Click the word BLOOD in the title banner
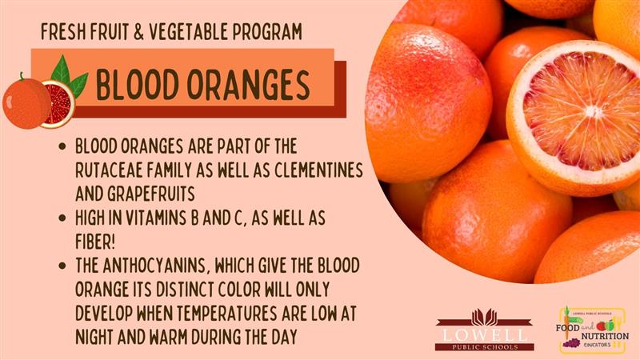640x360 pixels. tap(138, 85)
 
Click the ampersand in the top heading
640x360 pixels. tap(138, 32)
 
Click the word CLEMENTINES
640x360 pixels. tap(318, 170)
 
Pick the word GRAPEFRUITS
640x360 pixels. tap(151, 194)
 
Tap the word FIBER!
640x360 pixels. tap(95, 242)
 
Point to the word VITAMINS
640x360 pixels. tap(156, 218)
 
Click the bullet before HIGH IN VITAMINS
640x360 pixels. tap(62, 218)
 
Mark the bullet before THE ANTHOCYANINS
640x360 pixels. tap(62, 266)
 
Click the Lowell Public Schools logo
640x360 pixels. tap(485, 330)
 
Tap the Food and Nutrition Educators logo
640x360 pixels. tap(592, 329)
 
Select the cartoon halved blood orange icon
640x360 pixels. tap(58, 104)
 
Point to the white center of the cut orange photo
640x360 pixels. tap(592, 111)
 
